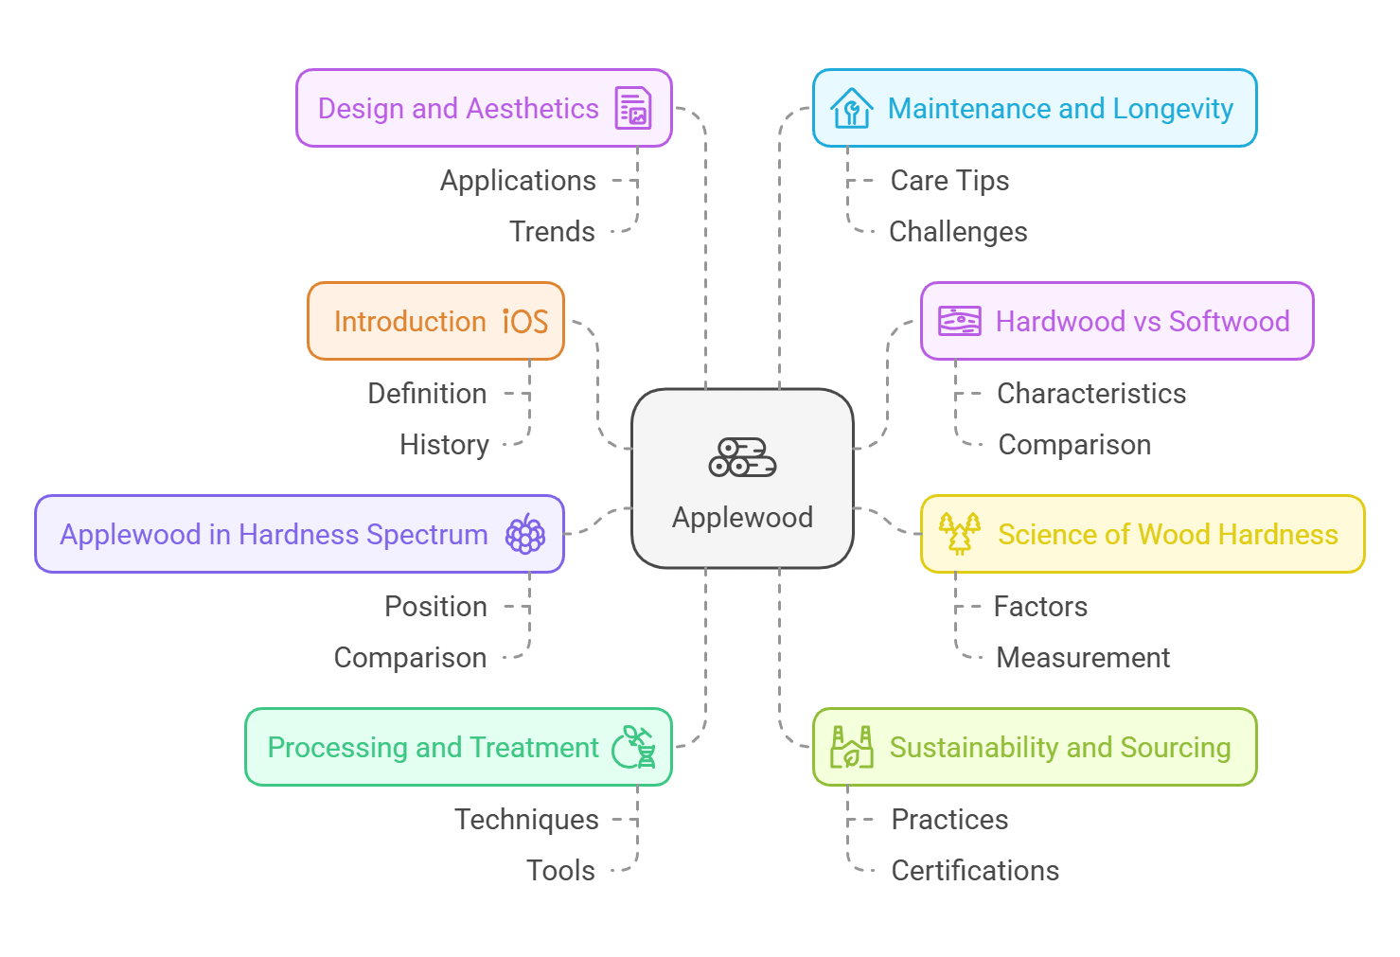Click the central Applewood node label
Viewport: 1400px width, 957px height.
[742, 518]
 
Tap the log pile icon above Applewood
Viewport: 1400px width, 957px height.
[742, 457]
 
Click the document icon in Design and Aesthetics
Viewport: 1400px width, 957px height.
[633, 108]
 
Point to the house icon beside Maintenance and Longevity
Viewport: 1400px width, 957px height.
[851, 108]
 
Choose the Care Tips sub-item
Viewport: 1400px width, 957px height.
[949, 181]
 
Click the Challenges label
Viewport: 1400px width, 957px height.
[958, 232]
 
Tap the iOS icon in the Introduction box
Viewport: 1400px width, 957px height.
[525, 322]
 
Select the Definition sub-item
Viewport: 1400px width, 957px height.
[427, 394]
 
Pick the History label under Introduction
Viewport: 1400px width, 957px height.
[444, 445]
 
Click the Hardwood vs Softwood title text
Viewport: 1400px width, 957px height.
[1143, 322]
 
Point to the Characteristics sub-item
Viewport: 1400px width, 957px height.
[1091, 394]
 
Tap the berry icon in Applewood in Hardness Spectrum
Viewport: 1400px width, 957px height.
[525, 535]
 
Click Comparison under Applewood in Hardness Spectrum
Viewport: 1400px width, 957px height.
[410, 658]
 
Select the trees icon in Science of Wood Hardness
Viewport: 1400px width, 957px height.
[959, 533]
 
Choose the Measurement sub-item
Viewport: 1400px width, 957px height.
[1083, 658]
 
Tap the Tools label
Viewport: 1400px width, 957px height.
[560, 871]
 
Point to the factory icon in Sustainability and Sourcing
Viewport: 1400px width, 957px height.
[851, 747]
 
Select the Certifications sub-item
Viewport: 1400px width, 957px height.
[975, 871]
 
